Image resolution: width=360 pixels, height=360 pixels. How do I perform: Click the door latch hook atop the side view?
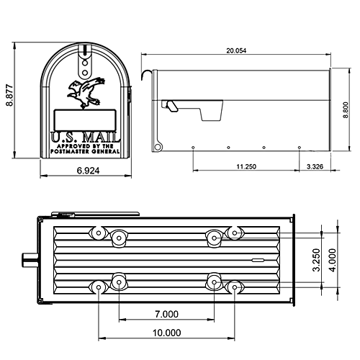pos(148,74)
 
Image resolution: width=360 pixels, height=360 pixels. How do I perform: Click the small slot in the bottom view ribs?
pos(258,258)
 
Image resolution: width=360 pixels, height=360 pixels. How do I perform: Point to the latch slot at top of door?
pos(85,53)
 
